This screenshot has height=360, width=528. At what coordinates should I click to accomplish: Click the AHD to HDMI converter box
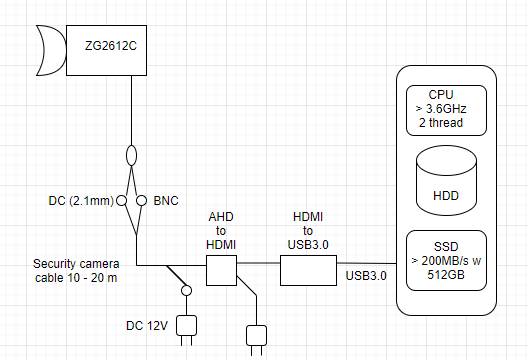(x=220, y=270)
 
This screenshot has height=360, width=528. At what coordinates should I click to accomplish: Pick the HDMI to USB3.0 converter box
(x=309, y=270)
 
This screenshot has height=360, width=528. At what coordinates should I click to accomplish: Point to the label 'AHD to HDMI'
(x=220, y=231)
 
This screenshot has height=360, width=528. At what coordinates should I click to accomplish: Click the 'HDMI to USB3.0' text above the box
(x=309, y=231)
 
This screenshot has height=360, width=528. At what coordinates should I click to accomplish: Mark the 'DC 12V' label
(x=146, y=325)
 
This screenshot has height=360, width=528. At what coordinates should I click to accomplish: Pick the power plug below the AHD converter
(x=257, y=336)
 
